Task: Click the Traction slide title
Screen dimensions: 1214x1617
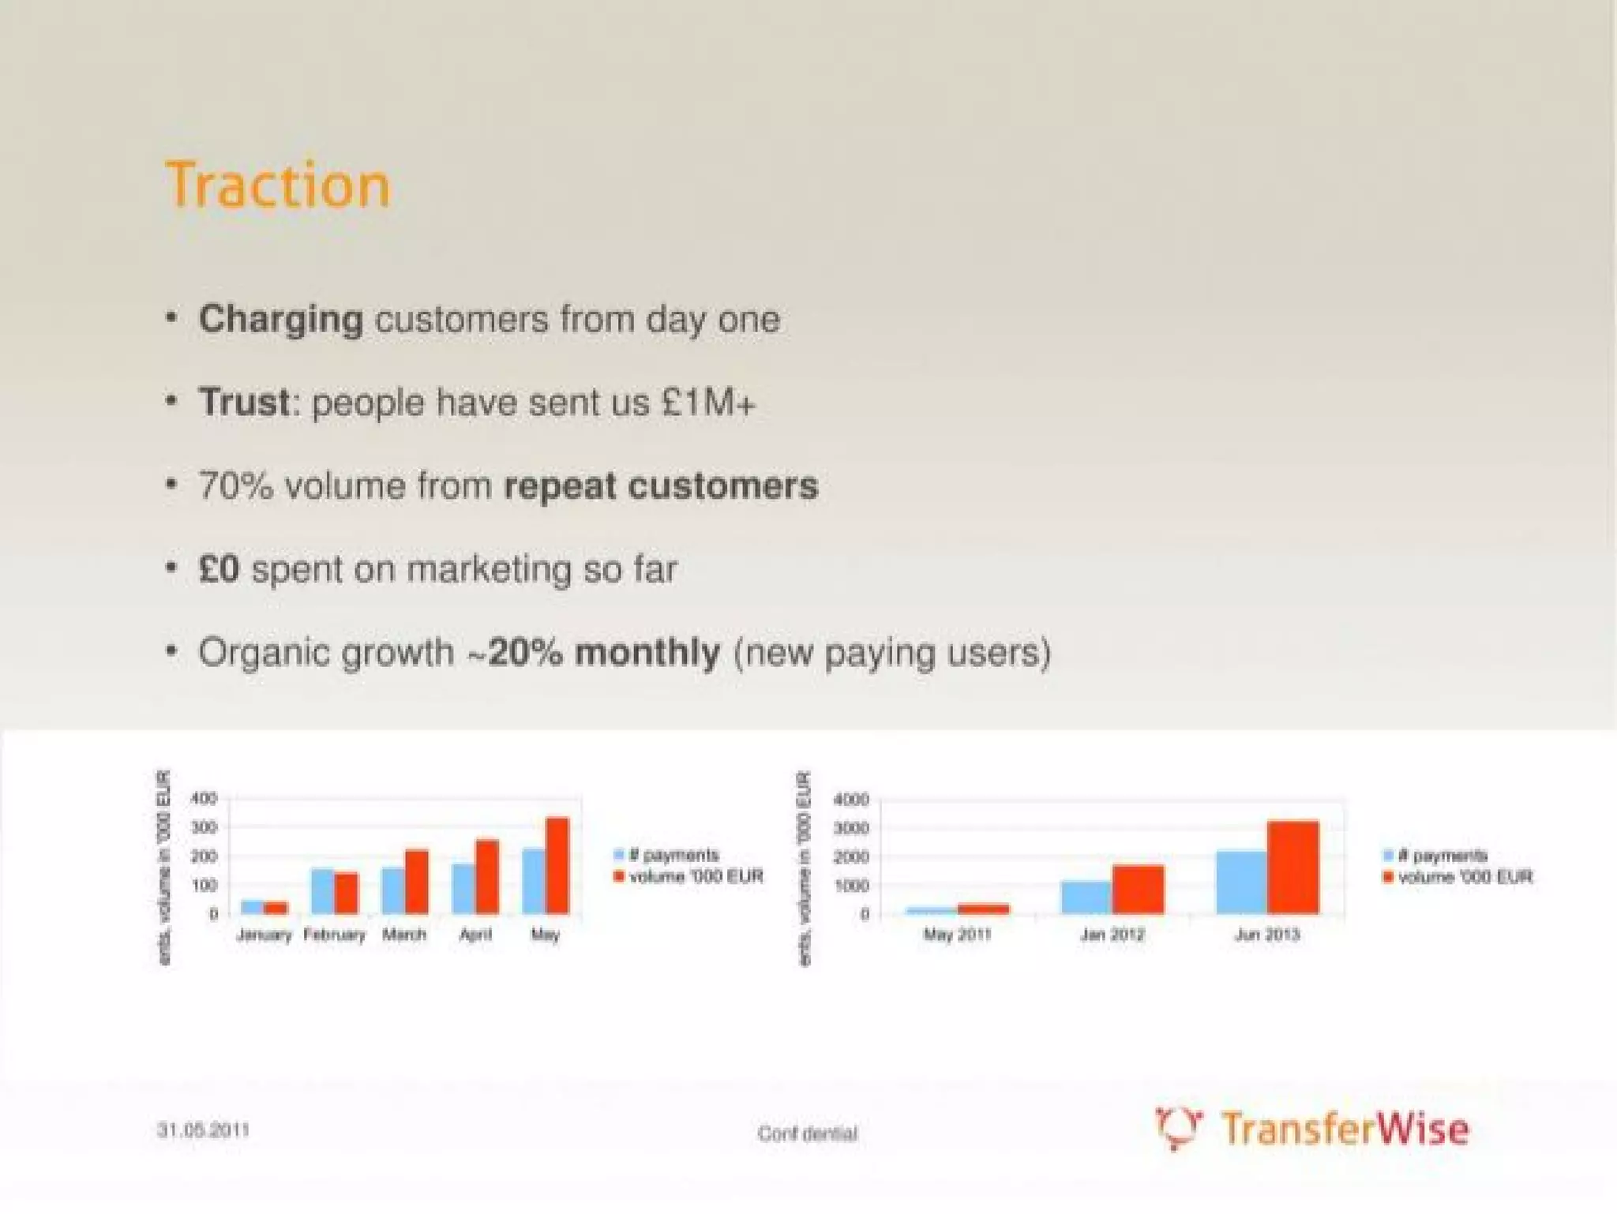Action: pyautogui.click(x=278, y=185)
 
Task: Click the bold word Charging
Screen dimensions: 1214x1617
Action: pyautogui.click(x=281, y=320)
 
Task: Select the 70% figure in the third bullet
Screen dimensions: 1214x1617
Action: pyautogui.click(x=235, y=485)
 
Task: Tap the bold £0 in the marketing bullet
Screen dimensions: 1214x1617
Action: pyautogui.click(x=219, y=569)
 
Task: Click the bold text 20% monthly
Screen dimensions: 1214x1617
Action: pyautogui.click(x=604, y=653)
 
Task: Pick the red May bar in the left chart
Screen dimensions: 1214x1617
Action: pyautogui.click(x=557, y=866)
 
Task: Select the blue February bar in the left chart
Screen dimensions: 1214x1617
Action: pyautogui.click(x=322, y=891)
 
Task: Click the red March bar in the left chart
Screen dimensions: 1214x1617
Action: pyautogui.click(x=417, y=882)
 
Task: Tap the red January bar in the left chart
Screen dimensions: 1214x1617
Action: pyautogui.click(x=276, y=908)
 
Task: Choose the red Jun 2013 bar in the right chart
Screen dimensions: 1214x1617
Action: pyautogui.click(x=1292, y=867)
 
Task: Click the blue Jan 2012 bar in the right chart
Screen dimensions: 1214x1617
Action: pyautogui.click(x=1086, y=897)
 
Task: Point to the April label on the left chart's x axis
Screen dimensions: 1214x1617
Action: pyautogui.click(x=475, y=935)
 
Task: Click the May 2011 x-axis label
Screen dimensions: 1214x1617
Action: pyautogui.click(x=957, y=935)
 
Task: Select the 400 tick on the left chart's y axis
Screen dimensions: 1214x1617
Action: pyautogui.click(x=203, y=798)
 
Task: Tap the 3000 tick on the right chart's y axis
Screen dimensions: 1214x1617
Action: pyautogui.click(x=851, y=828)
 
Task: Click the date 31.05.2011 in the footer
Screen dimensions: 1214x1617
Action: pyautogui.click(x=203, y=1130)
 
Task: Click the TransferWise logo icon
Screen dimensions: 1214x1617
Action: pyautogui.click(x=1178, y=1127)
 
